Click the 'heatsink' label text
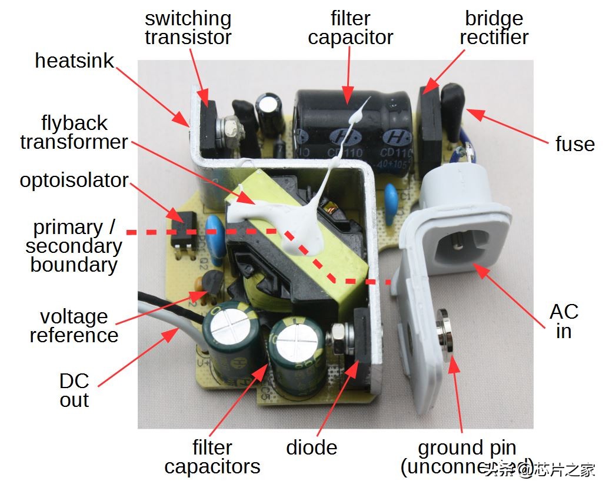74,61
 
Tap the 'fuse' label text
574,144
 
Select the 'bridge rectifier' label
494,28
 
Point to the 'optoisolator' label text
74,180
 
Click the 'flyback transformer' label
74,132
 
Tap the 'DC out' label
74,390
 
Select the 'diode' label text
311,447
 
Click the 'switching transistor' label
188,28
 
